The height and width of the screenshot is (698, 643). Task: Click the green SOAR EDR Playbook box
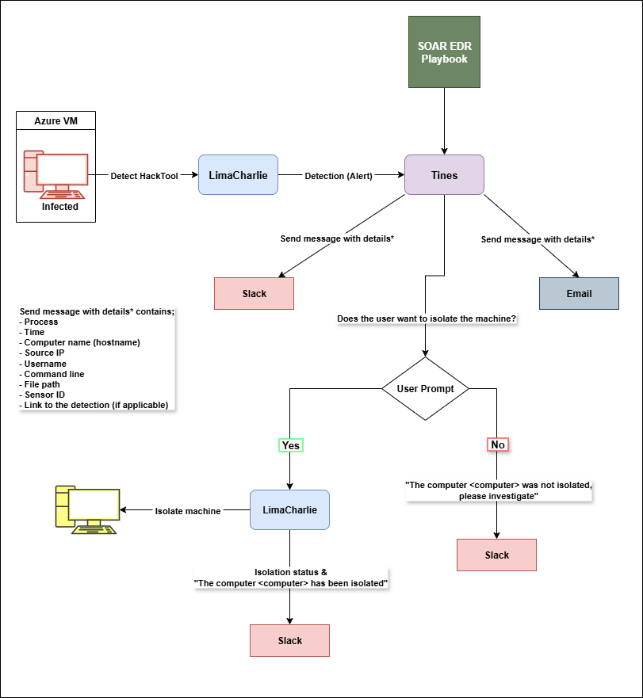pos(444,52)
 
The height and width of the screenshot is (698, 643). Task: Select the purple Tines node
pos(444,175)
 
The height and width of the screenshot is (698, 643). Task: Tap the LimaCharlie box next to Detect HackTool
pos(239,175)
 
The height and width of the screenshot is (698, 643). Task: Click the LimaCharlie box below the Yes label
pos(289,510)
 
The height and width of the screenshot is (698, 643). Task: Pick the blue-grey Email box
pos(579,293)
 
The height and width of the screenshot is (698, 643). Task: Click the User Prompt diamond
pos(425,389)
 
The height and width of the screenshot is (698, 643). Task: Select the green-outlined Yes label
pos(291,445)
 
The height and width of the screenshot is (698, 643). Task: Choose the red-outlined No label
pos(497,445)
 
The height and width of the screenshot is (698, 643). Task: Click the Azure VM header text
pos(55,120)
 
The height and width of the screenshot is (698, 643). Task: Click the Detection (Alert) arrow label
pos(339,175)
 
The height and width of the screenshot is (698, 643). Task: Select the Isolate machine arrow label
pos(187,511)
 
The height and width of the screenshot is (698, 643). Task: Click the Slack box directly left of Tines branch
pos(254,293)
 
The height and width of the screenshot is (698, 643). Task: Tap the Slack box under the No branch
pos(496,555)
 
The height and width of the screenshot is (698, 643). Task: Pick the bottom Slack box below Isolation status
pos(289,640)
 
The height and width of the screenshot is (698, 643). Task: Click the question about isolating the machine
pos(427,319)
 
